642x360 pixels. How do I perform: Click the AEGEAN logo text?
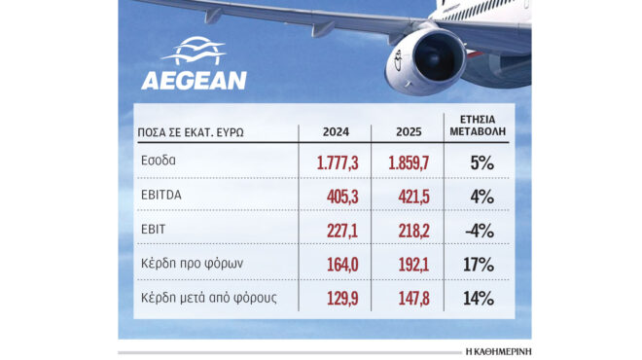pyautogui.click(x=194, y=80)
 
